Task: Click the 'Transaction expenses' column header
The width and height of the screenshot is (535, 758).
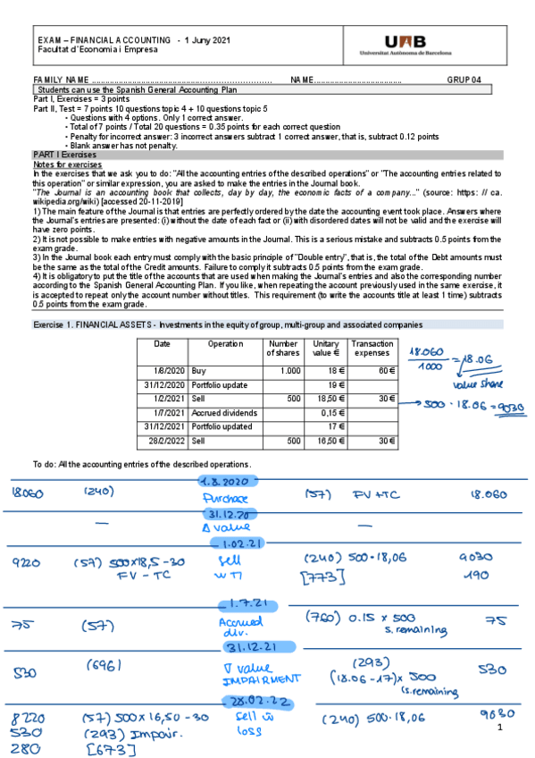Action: pyautogui.click(x=372, y=349)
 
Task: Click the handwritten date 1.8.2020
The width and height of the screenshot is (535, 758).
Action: pyautogui.click(x=230, y=481)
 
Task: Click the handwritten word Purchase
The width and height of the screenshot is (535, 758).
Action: pyautogui.click(x=224, y=499)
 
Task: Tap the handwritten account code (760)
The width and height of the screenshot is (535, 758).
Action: pyautogui.click(x=322, y=616)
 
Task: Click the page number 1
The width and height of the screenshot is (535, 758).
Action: pyautogui.click(x=503, y=729)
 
